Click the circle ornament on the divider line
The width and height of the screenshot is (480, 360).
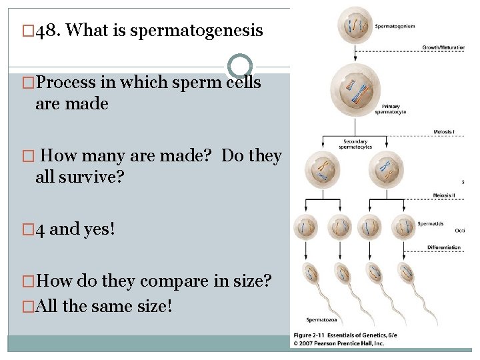240,67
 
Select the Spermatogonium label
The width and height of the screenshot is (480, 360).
395,27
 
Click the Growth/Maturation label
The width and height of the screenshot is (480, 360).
443,47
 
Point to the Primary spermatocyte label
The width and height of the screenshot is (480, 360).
391,109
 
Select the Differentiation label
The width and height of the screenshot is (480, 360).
444,247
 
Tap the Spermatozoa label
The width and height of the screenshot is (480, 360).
321,320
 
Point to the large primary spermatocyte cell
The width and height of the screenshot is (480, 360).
355,91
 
